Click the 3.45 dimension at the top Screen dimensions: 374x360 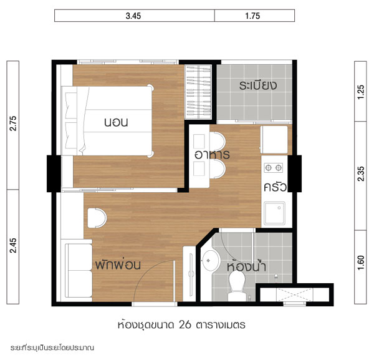pyautogui.click(x=133, y=16)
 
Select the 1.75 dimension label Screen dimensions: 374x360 pyautogui.click(x=252, y=16)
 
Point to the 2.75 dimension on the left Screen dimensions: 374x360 pyautogui.click(x=13, y=123)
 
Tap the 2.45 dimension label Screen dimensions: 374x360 pyautogui.click(x=13, y=245)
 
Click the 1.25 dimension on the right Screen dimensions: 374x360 pyautogui.click(x=361, y=92)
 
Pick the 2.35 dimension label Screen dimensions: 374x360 pyautogui.click(x=361, y=174)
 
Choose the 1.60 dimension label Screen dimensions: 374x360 pyautogui.click(x=361, y=263)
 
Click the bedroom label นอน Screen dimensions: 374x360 pyautogui.click(x=116, y=122)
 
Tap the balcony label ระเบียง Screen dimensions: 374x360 pyautogui.click(x=258, y=85)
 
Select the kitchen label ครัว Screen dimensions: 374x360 pyautogui.click(x=275, y=187)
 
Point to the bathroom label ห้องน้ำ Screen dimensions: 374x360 pyautogui.click(x=246, y=266)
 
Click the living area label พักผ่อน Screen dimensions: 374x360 pyautogui.click(x=118, y=265)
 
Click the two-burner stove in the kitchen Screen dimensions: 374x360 pyautogui.click(x=274, y=168)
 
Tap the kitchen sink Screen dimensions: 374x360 pyautogui.click(x=274, y=213)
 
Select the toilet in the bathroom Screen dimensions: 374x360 pyautogui.click(x=237, y=286)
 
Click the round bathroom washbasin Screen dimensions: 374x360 pyautogui.click(x=210, y=260)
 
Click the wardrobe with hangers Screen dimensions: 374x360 pyautogui.click(x=198, y=92)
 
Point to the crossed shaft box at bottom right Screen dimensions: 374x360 pyautogui.click(x=295, y=295)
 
